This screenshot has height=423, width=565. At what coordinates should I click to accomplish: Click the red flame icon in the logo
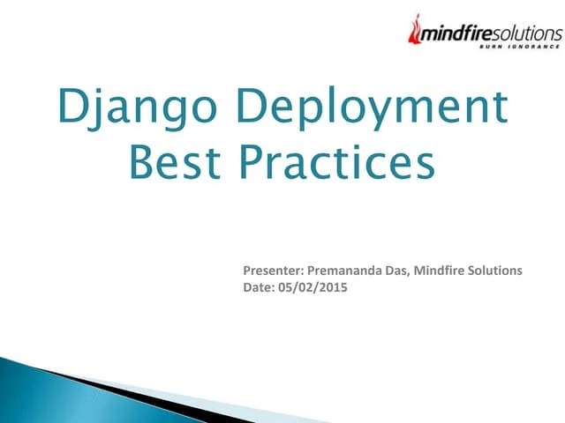coord(416,30)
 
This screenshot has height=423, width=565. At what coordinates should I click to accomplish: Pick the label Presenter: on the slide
coord(273,271)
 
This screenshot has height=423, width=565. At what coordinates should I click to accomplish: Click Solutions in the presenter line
coord(498,271)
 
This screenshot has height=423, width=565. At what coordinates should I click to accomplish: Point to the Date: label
coord(259,286)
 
